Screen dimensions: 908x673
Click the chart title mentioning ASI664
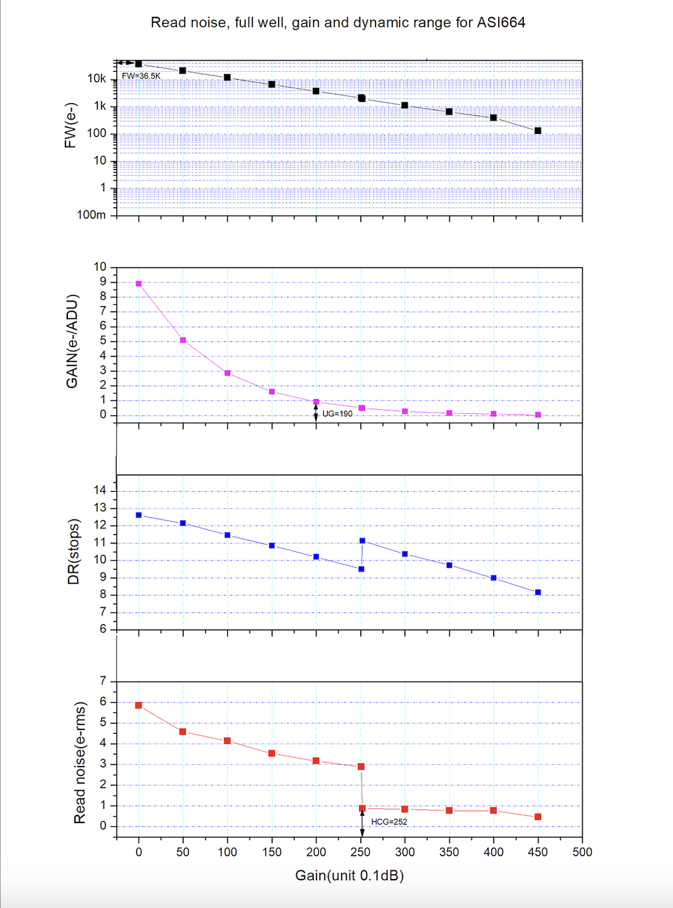338,23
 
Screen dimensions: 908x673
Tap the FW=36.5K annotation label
141,76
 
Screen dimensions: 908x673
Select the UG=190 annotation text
337,414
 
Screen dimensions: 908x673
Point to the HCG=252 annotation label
389,822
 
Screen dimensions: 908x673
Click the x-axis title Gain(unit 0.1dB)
349,875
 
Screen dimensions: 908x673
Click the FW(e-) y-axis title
70,125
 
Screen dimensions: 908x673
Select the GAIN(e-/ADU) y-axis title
72,341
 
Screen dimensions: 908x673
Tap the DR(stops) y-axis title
74,551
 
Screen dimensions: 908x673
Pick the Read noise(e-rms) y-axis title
79,763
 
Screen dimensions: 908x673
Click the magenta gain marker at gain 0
139,284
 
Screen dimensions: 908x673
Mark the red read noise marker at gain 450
538,817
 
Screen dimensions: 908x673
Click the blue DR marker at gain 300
405,554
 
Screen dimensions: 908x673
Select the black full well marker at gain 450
538,131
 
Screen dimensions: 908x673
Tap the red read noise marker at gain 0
139,706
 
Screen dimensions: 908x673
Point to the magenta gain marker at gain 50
183,340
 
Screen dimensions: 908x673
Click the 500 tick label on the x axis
582,852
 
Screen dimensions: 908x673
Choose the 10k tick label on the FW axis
97,79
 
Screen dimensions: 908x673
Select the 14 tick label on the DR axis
100,490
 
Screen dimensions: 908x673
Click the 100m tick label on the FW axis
91,215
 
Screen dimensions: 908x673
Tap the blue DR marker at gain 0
139,515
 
